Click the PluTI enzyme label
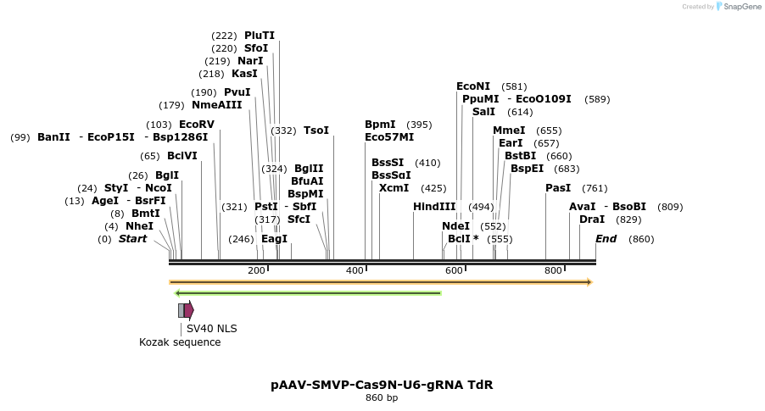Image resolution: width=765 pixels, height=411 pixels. tap(260, 36)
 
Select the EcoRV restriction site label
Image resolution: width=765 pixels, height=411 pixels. tap(197, 125)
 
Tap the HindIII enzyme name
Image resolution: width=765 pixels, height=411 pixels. tap(434, 207)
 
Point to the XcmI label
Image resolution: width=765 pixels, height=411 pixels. tap(394, 188)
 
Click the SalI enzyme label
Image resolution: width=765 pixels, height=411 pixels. tap(483, 112)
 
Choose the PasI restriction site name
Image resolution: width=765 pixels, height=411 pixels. tap(558, 188)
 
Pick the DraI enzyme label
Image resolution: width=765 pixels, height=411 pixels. tap(592, 219)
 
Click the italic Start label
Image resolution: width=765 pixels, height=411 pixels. tap(132, 239)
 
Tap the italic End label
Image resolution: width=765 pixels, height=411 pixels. tap(606, 239)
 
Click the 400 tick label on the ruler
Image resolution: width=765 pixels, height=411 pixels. tap(355, 270)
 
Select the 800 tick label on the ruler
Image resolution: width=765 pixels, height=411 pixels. tap(553, 270)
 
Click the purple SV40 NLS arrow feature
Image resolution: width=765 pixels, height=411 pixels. tap(188, 310)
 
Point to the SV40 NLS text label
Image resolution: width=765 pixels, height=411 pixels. tap(212, 329)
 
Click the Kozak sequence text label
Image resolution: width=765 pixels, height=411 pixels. tap(180, 342)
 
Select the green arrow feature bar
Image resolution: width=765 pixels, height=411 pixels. tap(307, 293)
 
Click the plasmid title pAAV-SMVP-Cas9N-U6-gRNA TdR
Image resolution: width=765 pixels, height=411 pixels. tap(382, 385)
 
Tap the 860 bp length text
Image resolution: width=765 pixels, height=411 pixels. tap(382, 398)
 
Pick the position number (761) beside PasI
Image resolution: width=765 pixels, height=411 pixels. tap(595, 188)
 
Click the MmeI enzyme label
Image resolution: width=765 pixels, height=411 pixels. tap(509, 131)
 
